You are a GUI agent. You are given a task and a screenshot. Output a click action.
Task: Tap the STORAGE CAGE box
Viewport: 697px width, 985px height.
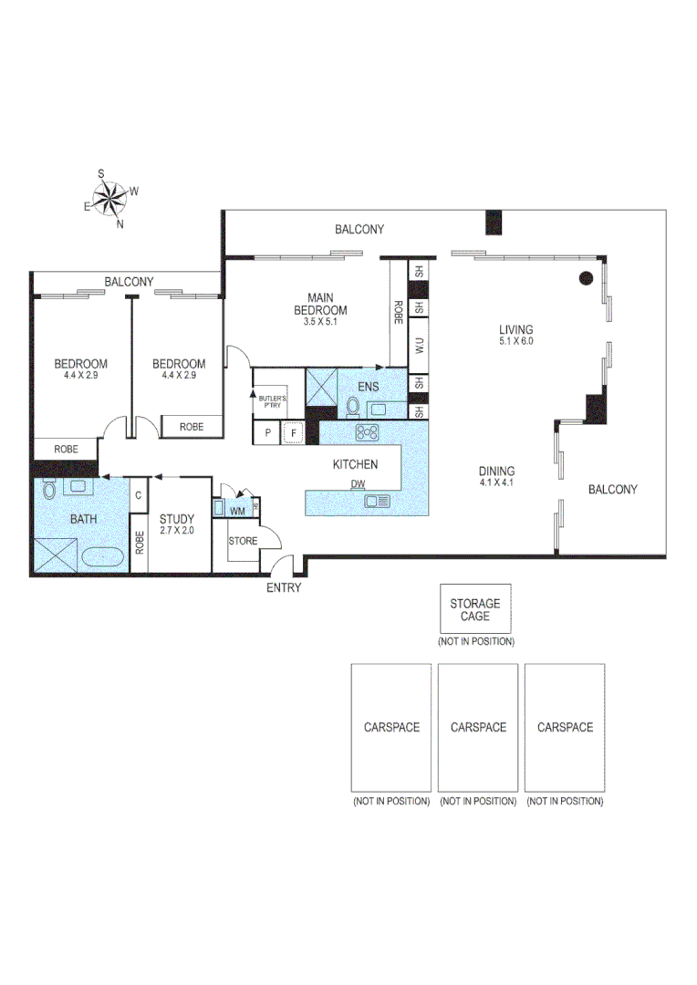click(x=474, y=608)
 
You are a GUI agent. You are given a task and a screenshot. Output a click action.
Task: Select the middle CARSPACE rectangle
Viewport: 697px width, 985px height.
click(x=478, y=727)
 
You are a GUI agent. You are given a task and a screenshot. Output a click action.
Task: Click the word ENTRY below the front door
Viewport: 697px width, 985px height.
click(x=283, y=588)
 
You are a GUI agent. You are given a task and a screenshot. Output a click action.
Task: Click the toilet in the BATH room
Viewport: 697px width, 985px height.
click(x=49, y=490)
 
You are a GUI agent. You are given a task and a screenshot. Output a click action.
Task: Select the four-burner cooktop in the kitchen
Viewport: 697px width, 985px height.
click(x=369, y=433)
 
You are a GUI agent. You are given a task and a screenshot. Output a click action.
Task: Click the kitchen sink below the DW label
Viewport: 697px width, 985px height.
click(x=376, y=501)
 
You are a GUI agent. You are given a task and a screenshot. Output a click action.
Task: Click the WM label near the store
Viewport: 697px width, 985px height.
click(x=237, y=509)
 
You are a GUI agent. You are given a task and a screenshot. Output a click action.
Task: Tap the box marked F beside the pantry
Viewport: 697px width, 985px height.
click(x=293, y=433)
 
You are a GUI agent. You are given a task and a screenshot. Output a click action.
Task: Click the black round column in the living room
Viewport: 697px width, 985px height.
click(x=587, y=278)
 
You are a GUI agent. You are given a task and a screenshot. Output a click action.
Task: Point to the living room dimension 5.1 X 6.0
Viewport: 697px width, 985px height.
click(x=515, y=341)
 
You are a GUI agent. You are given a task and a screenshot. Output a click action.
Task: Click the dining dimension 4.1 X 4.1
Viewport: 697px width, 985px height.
click(x=497, y=483)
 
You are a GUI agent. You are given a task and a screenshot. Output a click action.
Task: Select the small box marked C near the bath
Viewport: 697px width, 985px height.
click(x=139, y=495)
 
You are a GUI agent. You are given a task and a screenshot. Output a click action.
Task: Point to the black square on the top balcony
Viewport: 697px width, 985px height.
click(x=494, y=223)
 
